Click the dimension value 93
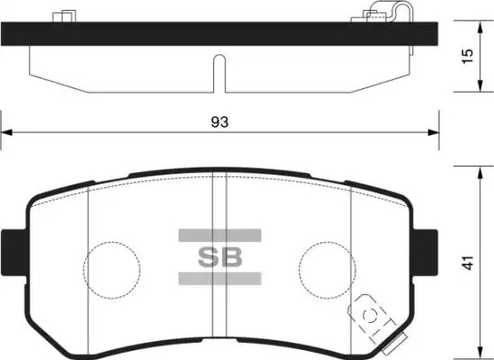coord(220,121)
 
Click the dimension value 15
coord(468,56)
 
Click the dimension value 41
coord(469,263)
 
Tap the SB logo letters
coord(220,257)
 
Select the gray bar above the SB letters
coord(220,236)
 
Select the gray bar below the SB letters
coord(220,279)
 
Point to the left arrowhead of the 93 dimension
coord(6,132)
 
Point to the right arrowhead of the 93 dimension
coord(433,132)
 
